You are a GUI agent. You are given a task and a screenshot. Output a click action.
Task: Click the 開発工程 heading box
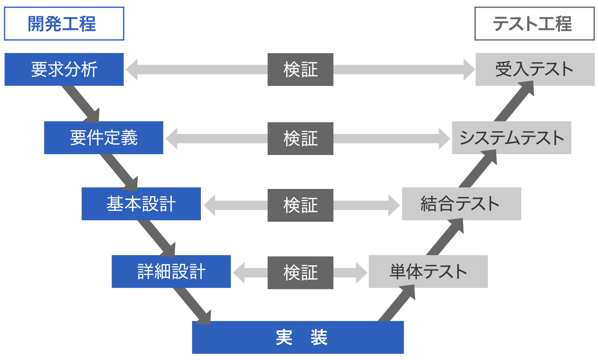[64, 24]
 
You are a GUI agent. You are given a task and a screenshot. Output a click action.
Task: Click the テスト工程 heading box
[534, 24]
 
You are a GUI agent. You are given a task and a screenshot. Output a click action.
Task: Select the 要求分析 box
[64, 69]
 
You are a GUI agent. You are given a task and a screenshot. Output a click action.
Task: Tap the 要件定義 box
[103, 138]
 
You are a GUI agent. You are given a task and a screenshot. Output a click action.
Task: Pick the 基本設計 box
[141, 204]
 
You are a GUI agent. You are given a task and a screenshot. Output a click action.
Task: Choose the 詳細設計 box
[171, 272]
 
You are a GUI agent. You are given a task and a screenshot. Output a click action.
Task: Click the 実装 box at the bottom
[298, 337]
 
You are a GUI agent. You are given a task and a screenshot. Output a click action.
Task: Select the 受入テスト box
[535, 69]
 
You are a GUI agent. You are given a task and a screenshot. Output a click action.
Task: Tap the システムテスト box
[511, 138]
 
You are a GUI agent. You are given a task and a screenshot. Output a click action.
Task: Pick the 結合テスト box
[461, 204]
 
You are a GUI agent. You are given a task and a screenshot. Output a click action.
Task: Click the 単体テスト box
[428, 272]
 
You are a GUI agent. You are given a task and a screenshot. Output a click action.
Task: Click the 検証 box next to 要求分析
[300, 69]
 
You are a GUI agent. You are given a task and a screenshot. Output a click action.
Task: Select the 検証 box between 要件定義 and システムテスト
[300, 138]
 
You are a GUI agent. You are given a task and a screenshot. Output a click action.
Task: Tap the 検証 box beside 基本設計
[300, 205]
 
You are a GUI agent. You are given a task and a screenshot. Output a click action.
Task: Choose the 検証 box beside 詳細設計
[300, 272]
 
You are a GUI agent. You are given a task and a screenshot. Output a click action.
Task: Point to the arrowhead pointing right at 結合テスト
[394, 205]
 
